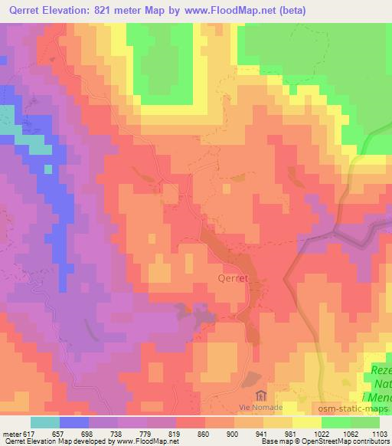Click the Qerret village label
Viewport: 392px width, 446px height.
pos(233,279)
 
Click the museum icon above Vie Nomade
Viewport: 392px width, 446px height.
pos(260,395)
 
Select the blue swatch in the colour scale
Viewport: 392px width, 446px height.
pos(74,422)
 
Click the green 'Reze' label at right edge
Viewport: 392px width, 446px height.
pos(381,370)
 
